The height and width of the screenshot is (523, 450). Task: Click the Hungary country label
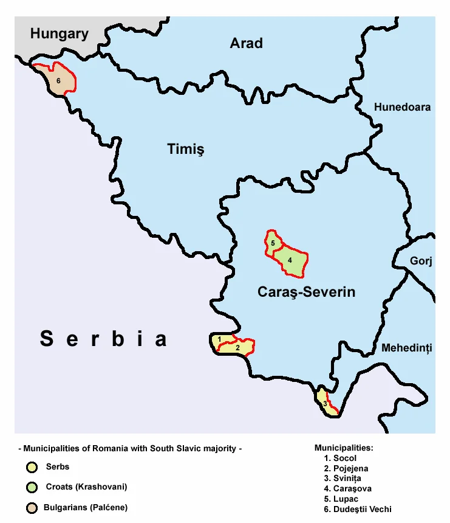tap(60, 34)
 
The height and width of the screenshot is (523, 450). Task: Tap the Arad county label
tap(246, 43)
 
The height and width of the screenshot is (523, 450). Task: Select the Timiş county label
tap(185, 149)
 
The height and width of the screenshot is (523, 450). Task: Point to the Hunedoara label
tap(402, 107)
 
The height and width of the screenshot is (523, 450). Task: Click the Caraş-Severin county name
tap(306, 292)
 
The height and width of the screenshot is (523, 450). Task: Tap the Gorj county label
tap(420, 261)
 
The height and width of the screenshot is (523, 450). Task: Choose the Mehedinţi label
tap(406, 348)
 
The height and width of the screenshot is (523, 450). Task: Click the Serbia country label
tap(103, 339)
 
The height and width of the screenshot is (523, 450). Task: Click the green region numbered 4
tap(291, 260)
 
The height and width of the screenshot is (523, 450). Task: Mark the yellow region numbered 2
tap(238, 348)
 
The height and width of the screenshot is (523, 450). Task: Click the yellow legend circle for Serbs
tap(30, 468)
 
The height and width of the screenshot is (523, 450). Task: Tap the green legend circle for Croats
tap(30, 487)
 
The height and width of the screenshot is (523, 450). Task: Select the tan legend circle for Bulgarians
tap(30, 507)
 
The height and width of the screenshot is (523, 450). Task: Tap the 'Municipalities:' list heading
tap(344, 448)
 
